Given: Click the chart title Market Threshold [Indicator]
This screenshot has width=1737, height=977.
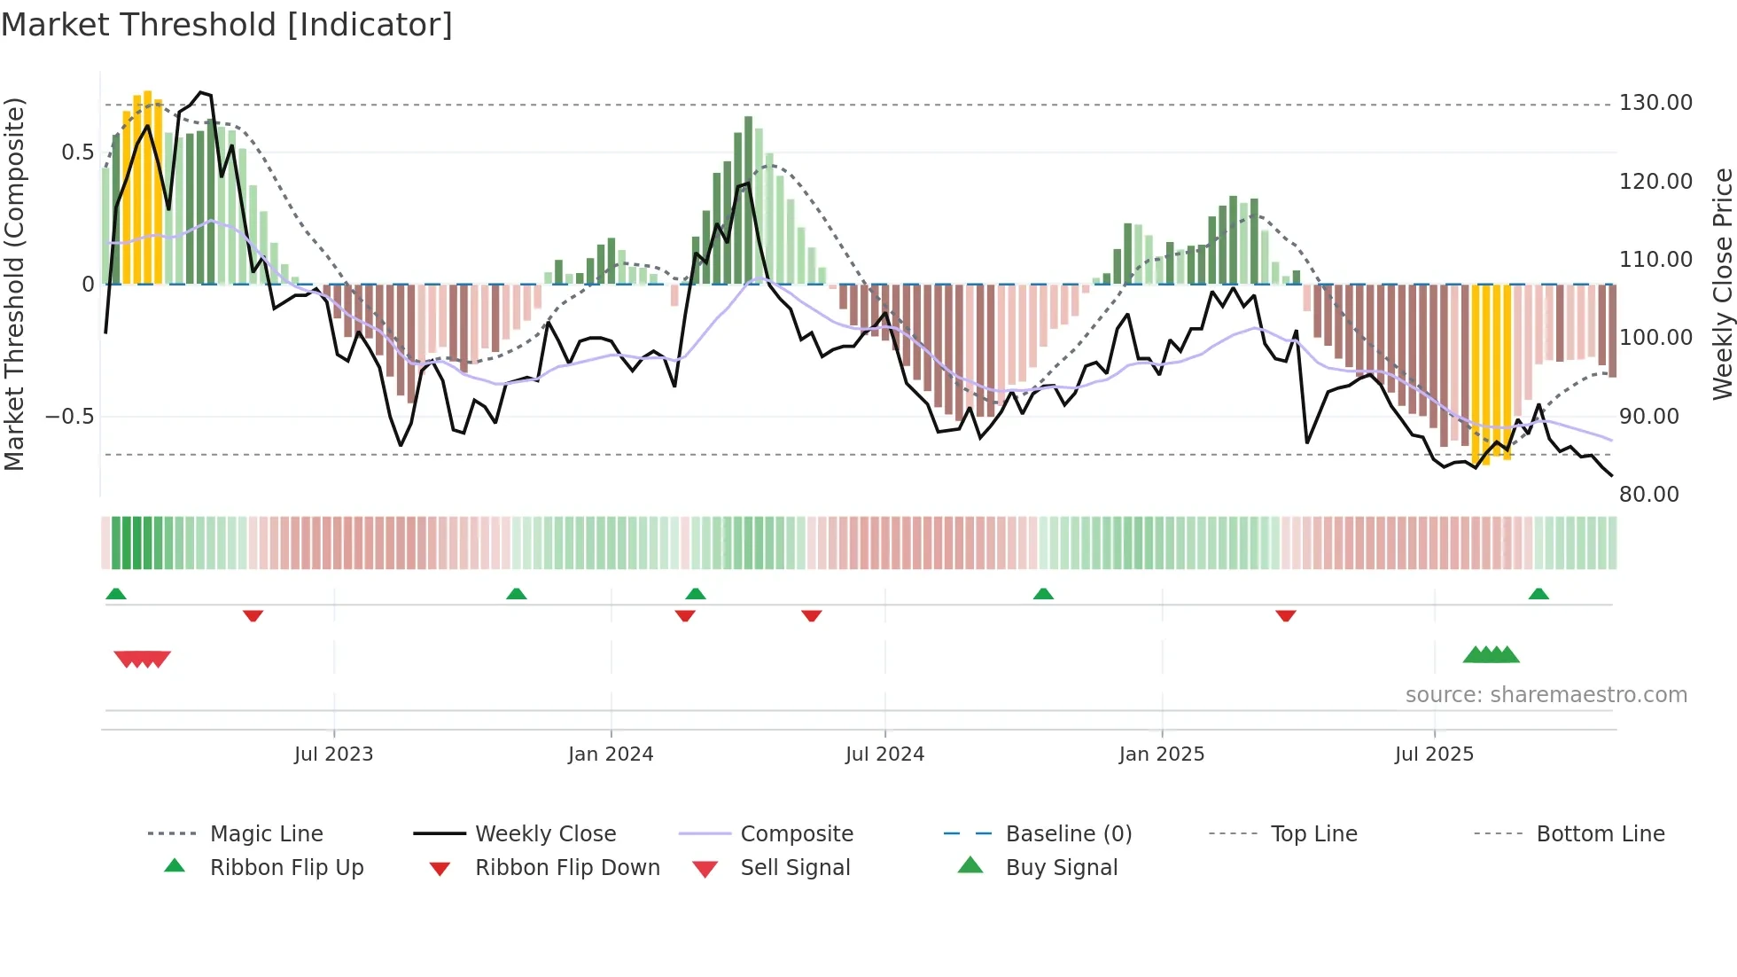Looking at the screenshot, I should (x=227, y=25).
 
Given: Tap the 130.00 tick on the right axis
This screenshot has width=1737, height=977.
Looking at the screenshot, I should (x=1655, y=103).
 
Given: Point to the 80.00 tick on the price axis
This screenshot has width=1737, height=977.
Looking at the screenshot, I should (x=1648, y=495).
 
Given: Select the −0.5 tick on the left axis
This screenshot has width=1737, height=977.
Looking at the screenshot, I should (x=69, y=417).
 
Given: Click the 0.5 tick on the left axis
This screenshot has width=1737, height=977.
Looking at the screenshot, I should (x=77, y=152).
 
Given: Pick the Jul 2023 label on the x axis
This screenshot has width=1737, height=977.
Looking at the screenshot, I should (x=333, y=754).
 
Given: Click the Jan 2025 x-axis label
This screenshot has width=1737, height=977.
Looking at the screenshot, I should (x=1161, y=754).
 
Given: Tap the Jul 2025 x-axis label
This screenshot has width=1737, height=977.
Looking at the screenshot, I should (x=1433, y=754).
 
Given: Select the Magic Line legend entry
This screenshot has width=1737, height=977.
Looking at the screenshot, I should (x=266, y=834).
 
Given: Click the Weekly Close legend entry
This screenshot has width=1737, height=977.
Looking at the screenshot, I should (x=545, y=834).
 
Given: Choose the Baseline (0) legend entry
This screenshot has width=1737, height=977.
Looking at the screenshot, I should (x=1068, y=834).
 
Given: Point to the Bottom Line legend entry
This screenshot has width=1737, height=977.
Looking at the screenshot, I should (x=1600, y=834).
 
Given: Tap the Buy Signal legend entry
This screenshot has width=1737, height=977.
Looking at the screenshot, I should (x=1061, y=868).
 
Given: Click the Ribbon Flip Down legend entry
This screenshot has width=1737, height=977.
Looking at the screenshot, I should (x=567, y=868).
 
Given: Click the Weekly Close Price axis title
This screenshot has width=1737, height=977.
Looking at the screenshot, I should (x=1722, y=284).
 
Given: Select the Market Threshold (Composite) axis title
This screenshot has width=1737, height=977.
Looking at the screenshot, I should (x=14, y=284).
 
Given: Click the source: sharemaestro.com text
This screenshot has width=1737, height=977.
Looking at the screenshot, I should (x=1546, y=695).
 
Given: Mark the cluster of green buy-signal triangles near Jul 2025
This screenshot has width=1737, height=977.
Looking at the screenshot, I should (x=1491, y=655).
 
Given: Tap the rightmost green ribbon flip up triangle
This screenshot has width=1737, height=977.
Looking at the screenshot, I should (x=1538, y=594).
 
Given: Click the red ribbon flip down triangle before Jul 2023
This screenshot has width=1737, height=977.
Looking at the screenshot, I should (x=253, y=615).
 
